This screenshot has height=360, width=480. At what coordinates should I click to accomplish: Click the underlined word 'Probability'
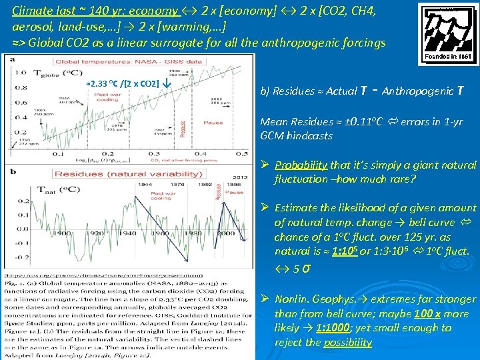[299, 165]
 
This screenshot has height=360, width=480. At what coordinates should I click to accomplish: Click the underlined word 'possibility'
[347, 342]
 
